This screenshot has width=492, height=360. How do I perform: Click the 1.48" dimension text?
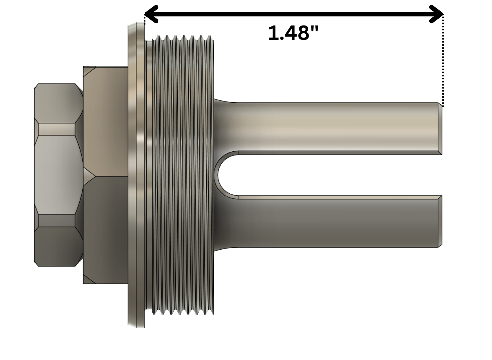tap(293, 33)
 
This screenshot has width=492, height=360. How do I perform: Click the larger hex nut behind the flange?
tap(105, 175)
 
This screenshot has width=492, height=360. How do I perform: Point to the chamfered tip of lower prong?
tap(440, 221)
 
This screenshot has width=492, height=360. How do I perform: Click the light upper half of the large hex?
tap(105, 121)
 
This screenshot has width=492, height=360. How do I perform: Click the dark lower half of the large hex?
tap(105, 229)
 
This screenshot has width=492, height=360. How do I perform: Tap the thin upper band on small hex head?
tap(57, 129)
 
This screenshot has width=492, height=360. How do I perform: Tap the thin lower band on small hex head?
tap(57, 221)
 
